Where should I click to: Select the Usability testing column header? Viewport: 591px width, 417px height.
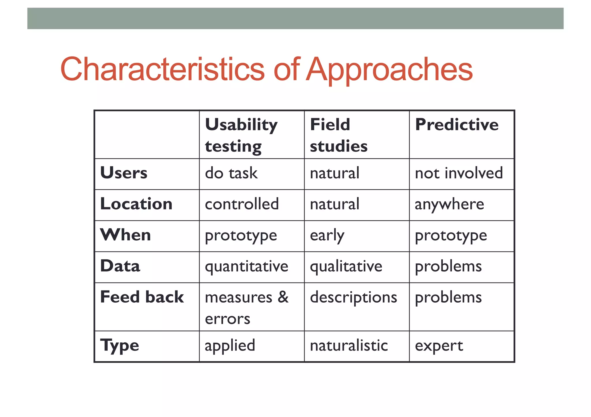241,135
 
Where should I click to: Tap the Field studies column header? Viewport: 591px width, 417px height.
338,135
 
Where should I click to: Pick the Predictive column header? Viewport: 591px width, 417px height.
457,125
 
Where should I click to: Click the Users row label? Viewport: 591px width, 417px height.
124,173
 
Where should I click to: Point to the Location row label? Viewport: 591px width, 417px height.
136,204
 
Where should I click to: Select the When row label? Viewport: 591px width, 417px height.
126,235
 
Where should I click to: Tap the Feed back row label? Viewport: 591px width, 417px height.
142,297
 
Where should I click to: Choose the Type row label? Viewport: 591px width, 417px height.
119,345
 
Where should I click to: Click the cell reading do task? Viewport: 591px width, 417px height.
231,173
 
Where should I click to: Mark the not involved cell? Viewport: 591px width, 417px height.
459,173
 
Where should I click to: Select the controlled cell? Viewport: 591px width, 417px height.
242,204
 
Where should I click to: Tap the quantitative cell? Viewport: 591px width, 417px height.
246,266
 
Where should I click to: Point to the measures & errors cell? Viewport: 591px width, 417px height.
246,307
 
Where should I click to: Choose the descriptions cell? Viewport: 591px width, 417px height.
353,297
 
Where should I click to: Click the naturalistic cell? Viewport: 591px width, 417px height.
349,346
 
